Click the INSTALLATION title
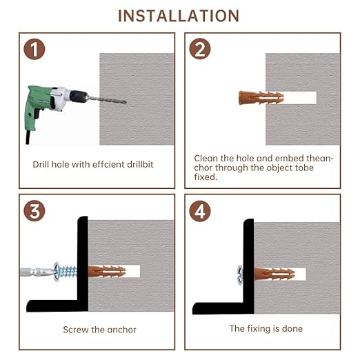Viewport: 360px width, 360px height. coord(179,15)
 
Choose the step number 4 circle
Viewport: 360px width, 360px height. coord(199,210)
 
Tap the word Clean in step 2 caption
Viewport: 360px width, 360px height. coord(206,158)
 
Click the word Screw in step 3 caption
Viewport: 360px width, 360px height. coord(74,330)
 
